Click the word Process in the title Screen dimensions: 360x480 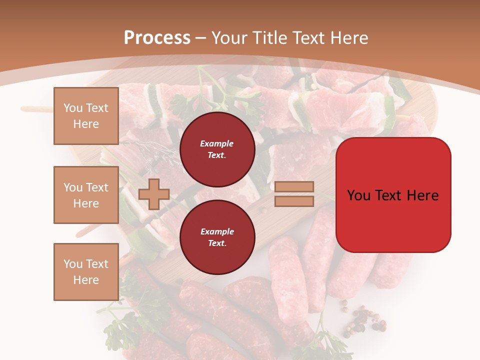tap(157, 38)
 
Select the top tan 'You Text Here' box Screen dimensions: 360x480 tap(86, 116)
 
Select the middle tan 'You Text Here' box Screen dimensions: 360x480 tap(86, 195)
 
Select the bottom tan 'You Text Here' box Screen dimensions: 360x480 tap(86, 272)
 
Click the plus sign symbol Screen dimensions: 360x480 tap(153, 194)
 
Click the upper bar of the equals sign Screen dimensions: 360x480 tap(294, 186)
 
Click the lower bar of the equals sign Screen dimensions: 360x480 tap(294, 201)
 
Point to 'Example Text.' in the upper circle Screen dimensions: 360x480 tap(217, 149)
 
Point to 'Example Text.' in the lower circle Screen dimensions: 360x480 tap(217, 237)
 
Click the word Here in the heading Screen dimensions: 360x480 tap(347, 38)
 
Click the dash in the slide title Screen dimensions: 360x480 tap(201, 38)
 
